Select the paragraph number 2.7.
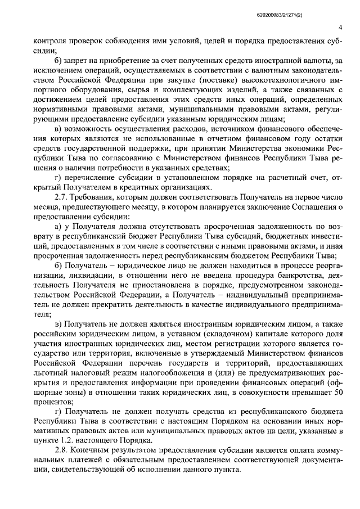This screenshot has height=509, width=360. (x=61, y=199)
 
